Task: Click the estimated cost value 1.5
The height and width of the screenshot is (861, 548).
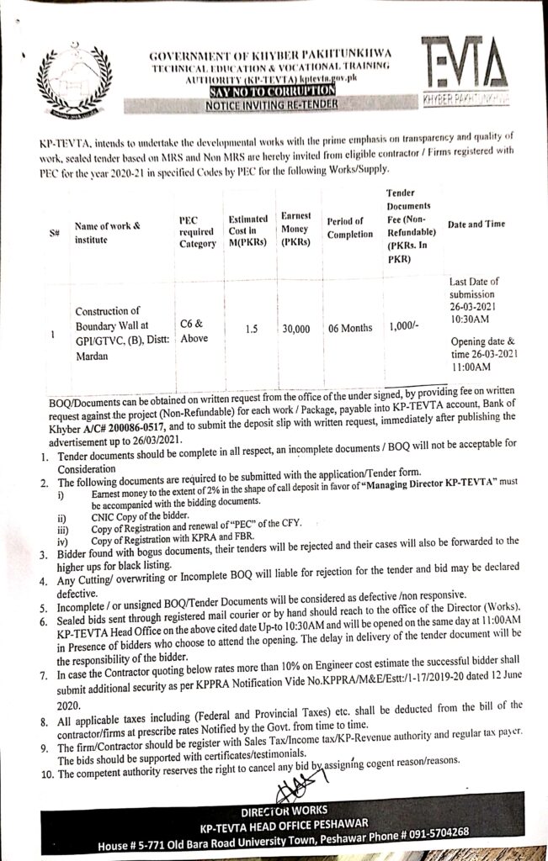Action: pos(251,328)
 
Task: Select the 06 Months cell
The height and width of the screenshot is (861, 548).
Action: pos(351,328)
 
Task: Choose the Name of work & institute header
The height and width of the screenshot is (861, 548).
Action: pos(107,231)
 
